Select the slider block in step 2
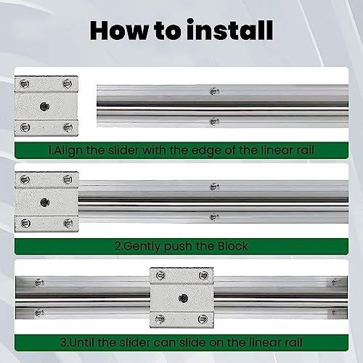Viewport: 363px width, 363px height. click(x=46, y=201)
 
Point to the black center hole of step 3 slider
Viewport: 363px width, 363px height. click(x=181, y=297)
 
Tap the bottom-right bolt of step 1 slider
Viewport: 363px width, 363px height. click(x=68, y=128)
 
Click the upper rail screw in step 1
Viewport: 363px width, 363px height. click(x=213, y=91)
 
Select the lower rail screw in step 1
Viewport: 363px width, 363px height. click(x=213, y=121)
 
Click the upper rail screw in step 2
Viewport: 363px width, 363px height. click(x=213, y=187)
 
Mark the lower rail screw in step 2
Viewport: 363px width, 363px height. click(x=213, y=216)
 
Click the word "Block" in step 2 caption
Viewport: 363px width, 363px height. click(x=230, y=246)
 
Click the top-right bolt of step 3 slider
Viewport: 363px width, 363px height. click(x=204, y=274)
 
